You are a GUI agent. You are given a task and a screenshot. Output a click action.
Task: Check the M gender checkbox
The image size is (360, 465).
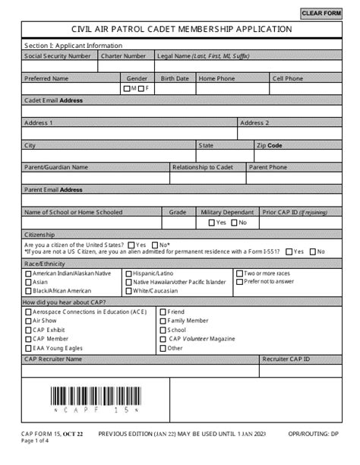(127, 89)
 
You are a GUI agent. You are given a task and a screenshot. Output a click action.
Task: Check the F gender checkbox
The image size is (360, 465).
(141, 89)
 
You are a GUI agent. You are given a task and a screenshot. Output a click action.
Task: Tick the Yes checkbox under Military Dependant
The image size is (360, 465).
(212, 223)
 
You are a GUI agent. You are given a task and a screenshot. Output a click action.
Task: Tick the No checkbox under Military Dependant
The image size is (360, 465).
(234, 223)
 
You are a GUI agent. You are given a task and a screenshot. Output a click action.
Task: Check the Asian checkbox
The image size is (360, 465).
(28, 282)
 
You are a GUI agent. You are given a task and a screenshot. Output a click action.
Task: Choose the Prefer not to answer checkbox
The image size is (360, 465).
(239, 282)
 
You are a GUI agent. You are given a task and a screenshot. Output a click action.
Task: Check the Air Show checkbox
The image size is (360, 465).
(28, 321)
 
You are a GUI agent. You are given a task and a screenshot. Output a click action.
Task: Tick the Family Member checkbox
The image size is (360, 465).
(163, 321)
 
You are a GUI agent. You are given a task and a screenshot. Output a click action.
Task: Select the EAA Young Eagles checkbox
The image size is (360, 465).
(28, 349)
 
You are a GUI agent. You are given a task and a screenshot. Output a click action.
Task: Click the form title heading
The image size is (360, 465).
(181, 29)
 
